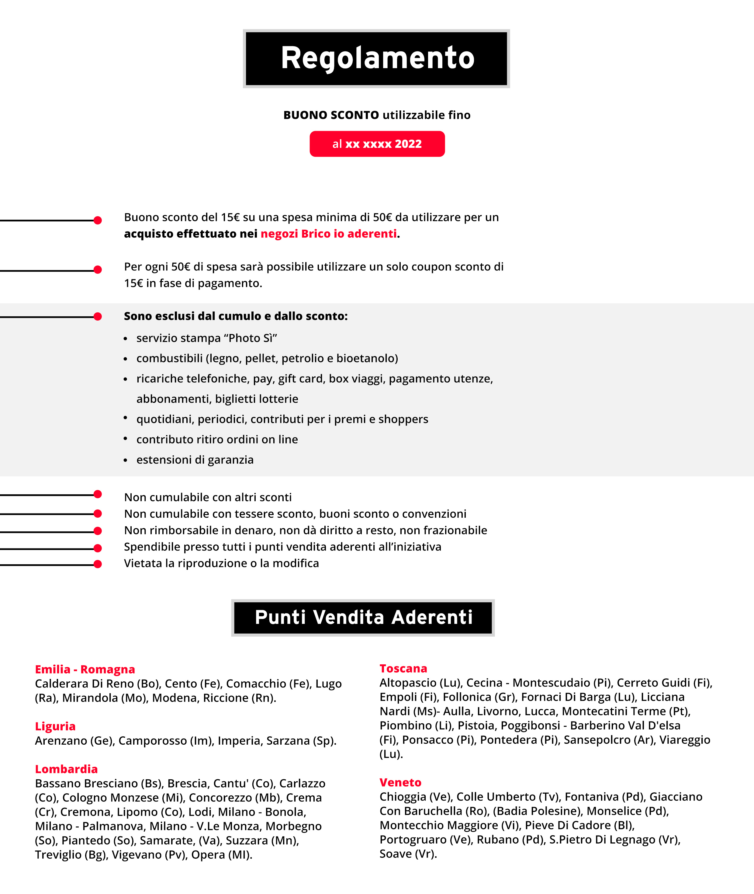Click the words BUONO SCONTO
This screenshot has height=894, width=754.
[x=331, y=115]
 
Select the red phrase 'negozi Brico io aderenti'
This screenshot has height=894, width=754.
[x=328, y=234]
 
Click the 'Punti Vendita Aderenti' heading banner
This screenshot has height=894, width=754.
[x=363, y=617]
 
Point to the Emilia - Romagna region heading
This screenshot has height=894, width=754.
[x=85, y=669]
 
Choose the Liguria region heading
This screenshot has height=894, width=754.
[x=55, y=726]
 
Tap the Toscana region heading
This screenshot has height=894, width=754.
[x=403, y=668]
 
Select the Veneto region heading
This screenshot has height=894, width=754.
[x=400, y=782]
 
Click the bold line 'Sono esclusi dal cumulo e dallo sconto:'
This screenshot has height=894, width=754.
[x=236, y=316]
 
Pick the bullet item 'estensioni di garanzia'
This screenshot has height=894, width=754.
[x=195, y=460]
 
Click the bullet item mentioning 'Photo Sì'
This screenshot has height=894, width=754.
[x=206, y=338]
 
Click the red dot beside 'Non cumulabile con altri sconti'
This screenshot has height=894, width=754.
[x=98, y=494]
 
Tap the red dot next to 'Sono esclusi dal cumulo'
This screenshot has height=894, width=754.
[x=98, y=316]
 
